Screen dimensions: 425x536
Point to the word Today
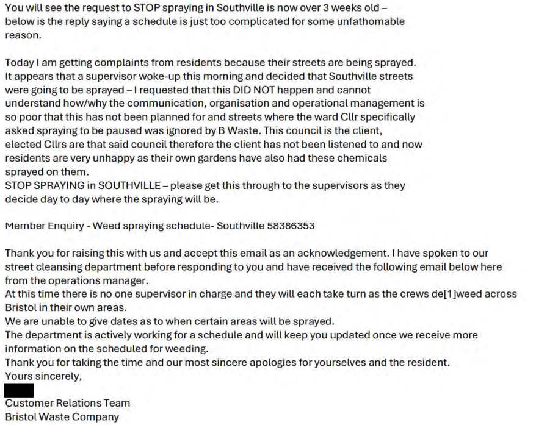(x=20, y=63)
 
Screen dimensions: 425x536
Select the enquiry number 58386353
(x=291, y=226)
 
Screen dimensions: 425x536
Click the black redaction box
(x=19, y=390)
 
